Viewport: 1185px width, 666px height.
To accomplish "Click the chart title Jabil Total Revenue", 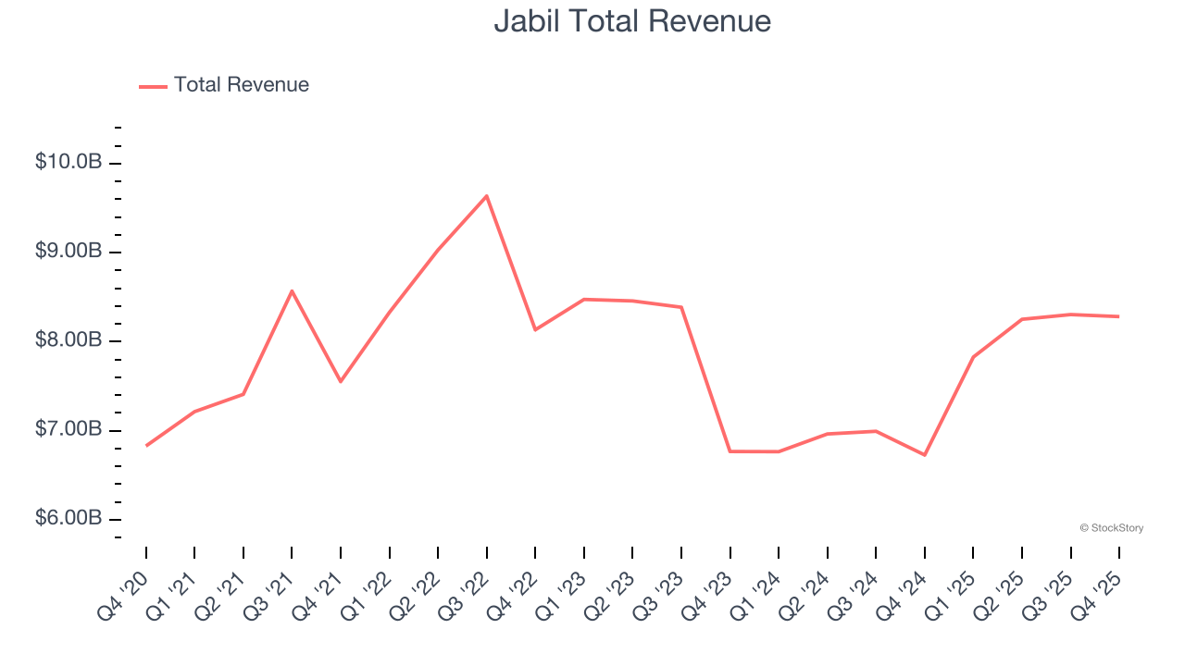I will pos(632,21).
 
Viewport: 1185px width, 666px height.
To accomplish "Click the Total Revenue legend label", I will pos(241,85).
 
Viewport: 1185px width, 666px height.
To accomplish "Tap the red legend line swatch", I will pos(153,86).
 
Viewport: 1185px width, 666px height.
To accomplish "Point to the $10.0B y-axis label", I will pos(69,163).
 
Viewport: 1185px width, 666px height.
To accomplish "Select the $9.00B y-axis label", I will pos(69,252).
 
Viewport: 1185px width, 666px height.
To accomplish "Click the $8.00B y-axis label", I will pos(69,340).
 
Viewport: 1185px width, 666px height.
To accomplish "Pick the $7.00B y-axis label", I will pos(69,429).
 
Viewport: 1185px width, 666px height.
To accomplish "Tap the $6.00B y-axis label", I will pos(69,518).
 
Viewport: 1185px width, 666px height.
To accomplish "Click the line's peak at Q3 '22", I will pos(487,196).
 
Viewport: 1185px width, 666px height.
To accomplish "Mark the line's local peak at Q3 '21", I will pos(292,291).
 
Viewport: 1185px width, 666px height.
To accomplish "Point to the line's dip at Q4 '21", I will pos(341,381).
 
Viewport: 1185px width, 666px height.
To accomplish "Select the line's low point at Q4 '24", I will pos(925,454).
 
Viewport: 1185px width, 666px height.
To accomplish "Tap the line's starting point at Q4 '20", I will pos(146,446).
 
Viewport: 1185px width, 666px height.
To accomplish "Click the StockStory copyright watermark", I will pos(1111,528).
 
